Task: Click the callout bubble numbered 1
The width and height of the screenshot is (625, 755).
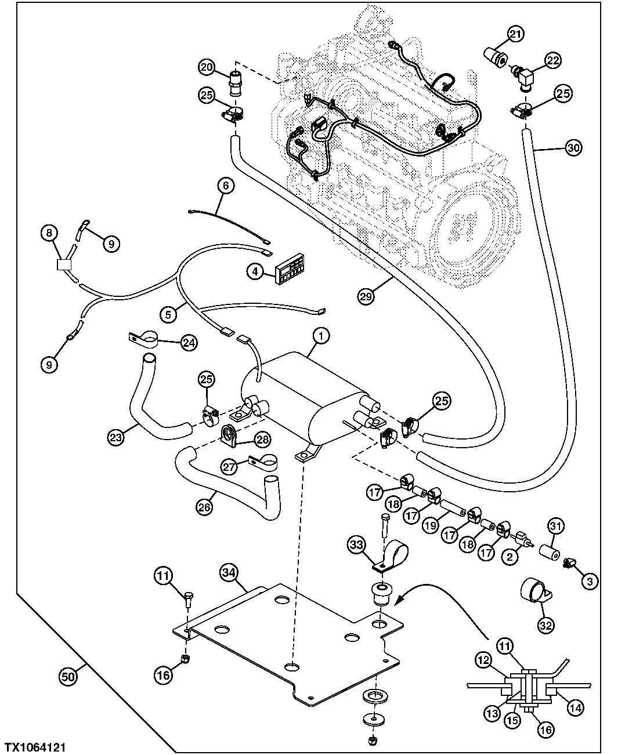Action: tap(321, 335)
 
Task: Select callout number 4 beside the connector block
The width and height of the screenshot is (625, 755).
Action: tap(255, 271)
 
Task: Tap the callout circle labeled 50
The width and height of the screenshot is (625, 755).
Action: tap(69, 676)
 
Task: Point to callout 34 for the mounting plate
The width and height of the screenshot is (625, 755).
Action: tap(229, 573)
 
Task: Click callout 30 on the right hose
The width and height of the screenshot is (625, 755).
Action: tap(573, 148)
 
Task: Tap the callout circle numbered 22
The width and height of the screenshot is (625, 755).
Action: tap(552, 60)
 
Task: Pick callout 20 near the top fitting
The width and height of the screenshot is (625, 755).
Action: tap(206, 67)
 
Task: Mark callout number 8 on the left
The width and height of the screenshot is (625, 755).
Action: tap(49, 233)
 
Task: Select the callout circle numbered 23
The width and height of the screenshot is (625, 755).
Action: tap(116, 437)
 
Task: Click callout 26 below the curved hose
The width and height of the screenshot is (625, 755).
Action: tap(204, 506)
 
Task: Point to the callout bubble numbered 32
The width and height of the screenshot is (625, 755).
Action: tap(546, 625)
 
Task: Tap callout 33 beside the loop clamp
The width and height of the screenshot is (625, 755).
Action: tap(357, 545)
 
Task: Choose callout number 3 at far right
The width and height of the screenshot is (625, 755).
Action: tap(590, 581)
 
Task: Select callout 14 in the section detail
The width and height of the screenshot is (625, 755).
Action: tap(576, 707)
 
